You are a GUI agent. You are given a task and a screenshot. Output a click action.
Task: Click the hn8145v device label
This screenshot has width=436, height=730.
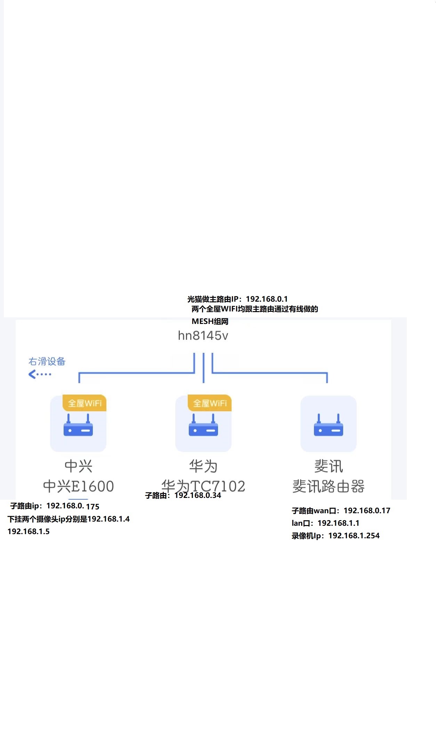coord(203,336)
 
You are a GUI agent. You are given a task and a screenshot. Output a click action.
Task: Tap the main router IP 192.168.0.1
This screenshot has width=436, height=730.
coord(267,299)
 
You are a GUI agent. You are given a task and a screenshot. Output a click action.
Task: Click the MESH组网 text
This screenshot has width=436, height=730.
coord(210,322)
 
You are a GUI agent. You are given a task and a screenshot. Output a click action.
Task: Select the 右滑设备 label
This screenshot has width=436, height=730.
coord(47,362)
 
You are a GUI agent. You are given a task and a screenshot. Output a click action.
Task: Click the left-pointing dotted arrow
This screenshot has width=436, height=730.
coord(40,374)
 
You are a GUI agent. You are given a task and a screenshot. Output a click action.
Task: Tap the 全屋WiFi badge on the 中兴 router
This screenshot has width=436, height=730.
coord(84,403)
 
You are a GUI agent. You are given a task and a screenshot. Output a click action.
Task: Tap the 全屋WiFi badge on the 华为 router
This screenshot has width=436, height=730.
coord(210,403)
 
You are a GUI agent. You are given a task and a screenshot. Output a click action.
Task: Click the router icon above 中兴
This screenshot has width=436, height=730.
coord(78,425)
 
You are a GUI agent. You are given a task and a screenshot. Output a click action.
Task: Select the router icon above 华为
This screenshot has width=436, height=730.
coord(203,425)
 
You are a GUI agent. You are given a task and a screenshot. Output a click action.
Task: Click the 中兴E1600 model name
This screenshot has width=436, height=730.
coord(79,486)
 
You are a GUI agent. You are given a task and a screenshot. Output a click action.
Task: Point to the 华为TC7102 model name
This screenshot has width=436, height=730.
coord(203,486)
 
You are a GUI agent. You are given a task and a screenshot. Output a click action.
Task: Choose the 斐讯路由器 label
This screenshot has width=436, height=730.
coord(329,486)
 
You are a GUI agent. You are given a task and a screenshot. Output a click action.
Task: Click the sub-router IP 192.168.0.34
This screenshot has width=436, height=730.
coord(197,495)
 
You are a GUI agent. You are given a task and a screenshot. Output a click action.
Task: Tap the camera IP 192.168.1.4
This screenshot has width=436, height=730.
coord(108,519)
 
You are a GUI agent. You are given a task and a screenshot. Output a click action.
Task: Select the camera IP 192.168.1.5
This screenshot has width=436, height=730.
coord(29,532)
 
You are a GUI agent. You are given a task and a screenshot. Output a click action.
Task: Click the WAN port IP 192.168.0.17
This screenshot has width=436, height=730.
coord(367,511)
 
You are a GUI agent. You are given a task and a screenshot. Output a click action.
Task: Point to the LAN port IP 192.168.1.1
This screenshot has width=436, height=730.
coord(338,523)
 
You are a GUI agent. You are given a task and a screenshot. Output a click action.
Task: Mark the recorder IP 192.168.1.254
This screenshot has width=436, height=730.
coord(354,536)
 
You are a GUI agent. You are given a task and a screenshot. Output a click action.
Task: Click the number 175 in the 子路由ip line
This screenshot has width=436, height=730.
coord(93,507)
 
